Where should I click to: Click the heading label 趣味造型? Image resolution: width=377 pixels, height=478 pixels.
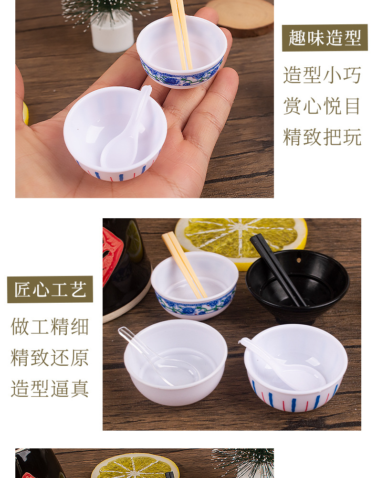[325, 38]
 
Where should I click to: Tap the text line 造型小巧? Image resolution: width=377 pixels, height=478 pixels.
[322, 75]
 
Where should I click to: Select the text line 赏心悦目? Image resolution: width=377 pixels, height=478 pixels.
[322, 106]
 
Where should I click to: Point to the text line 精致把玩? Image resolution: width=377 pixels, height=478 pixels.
[322, 137]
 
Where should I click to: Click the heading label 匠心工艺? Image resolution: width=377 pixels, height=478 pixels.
[50, 289]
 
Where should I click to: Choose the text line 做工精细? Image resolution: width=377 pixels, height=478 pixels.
[50, 327]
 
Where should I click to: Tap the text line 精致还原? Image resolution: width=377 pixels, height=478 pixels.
[50, 358]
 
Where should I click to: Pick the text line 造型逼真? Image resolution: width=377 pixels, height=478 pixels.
[50, 389]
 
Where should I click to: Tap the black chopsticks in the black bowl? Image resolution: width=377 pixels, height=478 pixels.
[278, 270]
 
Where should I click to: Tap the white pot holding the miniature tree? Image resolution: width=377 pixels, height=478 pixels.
[113, 33]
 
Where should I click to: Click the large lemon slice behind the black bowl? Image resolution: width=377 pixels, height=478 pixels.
[241, 241]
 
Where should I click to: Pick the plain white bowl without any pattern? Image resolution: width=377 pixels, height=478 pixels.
[176, 362]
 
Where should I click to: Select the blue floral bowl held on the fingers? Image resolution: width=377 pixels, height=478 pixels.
[182, 52]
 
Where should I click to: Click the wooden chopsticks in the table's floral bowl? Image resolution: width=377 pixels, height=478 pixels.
[184, 265]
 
